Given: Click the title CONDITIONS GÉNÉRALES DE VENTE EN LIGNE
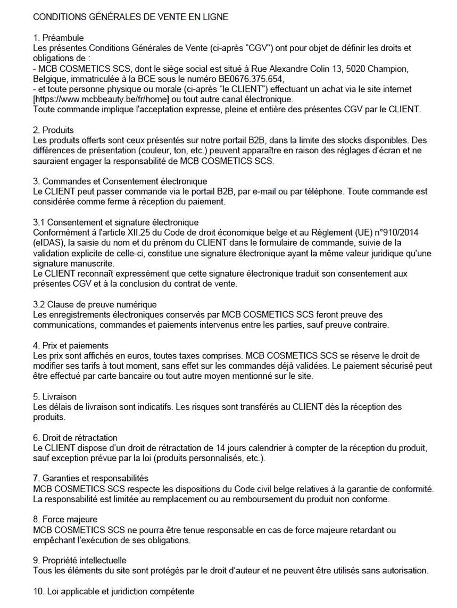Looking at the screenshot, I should [x=131, y=17].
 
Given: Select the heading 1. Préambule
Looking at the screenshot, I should [x=59, y=38].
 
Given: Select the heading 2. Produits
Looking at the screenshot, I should [x=53, y=130].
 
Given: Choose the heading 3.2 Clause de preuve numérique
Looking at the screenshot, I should [x=95, y=305].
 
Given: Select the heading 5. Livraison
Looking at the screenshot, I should [x=55, y=397].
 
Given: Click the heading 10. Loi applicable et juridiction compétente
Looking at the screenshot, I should [x=114, y=591].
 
